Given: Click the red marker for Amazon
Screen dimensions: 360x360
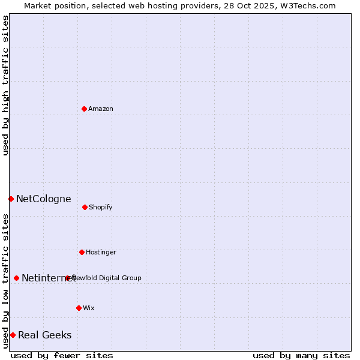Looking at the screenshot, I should (84, 109).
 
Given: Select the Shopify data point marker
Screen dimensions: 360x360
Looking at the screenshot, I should (85, 207).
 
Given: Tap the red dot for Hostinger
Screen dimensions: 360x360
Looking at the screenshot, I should (82, 252).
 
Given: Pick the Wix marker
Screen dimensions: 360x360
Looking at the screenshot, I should (79, 308).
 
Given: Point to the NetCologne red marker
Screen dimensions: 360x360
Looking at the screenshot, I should (11, 199).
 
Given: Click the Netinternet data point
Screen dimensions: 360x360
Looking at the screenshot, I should (16, 278).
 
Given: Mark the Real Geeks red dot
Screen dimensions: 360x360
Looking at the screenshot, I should (13, 335).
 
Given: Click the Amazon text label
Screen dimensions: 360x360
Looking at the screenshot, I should (101, 109).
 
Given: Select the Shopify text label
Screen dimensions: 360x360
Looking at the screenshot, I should (101, 207).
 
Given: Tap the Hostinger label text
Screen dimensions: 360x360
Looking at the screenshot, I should (101, 252).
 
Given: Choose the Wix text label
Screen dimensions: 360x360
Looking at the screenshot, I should (89, 308).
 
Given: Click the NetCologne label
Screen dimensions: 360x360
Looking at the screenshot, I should (44, 199).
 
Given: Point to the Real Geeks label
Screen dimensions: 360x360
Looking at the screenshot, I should (45, 335).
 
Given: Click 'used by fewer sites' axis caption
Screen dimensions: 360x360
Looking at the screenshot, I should (62, 356).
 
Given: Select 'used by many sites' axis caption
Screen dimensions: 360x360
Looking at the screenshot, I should (301, 356).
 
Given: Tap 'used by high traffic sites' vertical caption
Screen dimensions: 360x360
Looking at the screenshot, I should (5, 85).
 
